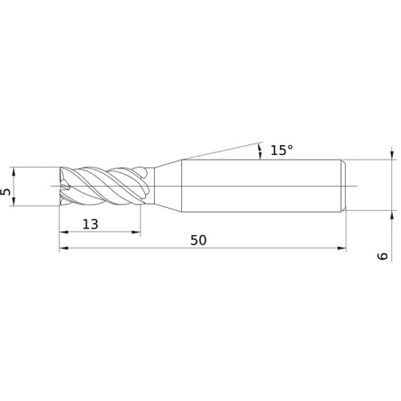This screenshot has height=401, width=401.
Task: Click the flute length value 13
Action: click(x=90, y=225)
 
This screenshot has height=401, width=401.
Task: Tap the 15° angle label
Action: click(x=282, y=150)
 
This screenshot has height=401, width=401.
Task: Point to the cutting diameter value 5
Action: click(x=6, y=192)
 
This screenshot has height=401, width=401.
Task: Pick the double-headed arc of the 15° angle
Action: click(x=260, y=152)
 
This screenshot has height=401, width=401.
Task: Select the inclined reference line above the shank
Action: click(x=217, y=153)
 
